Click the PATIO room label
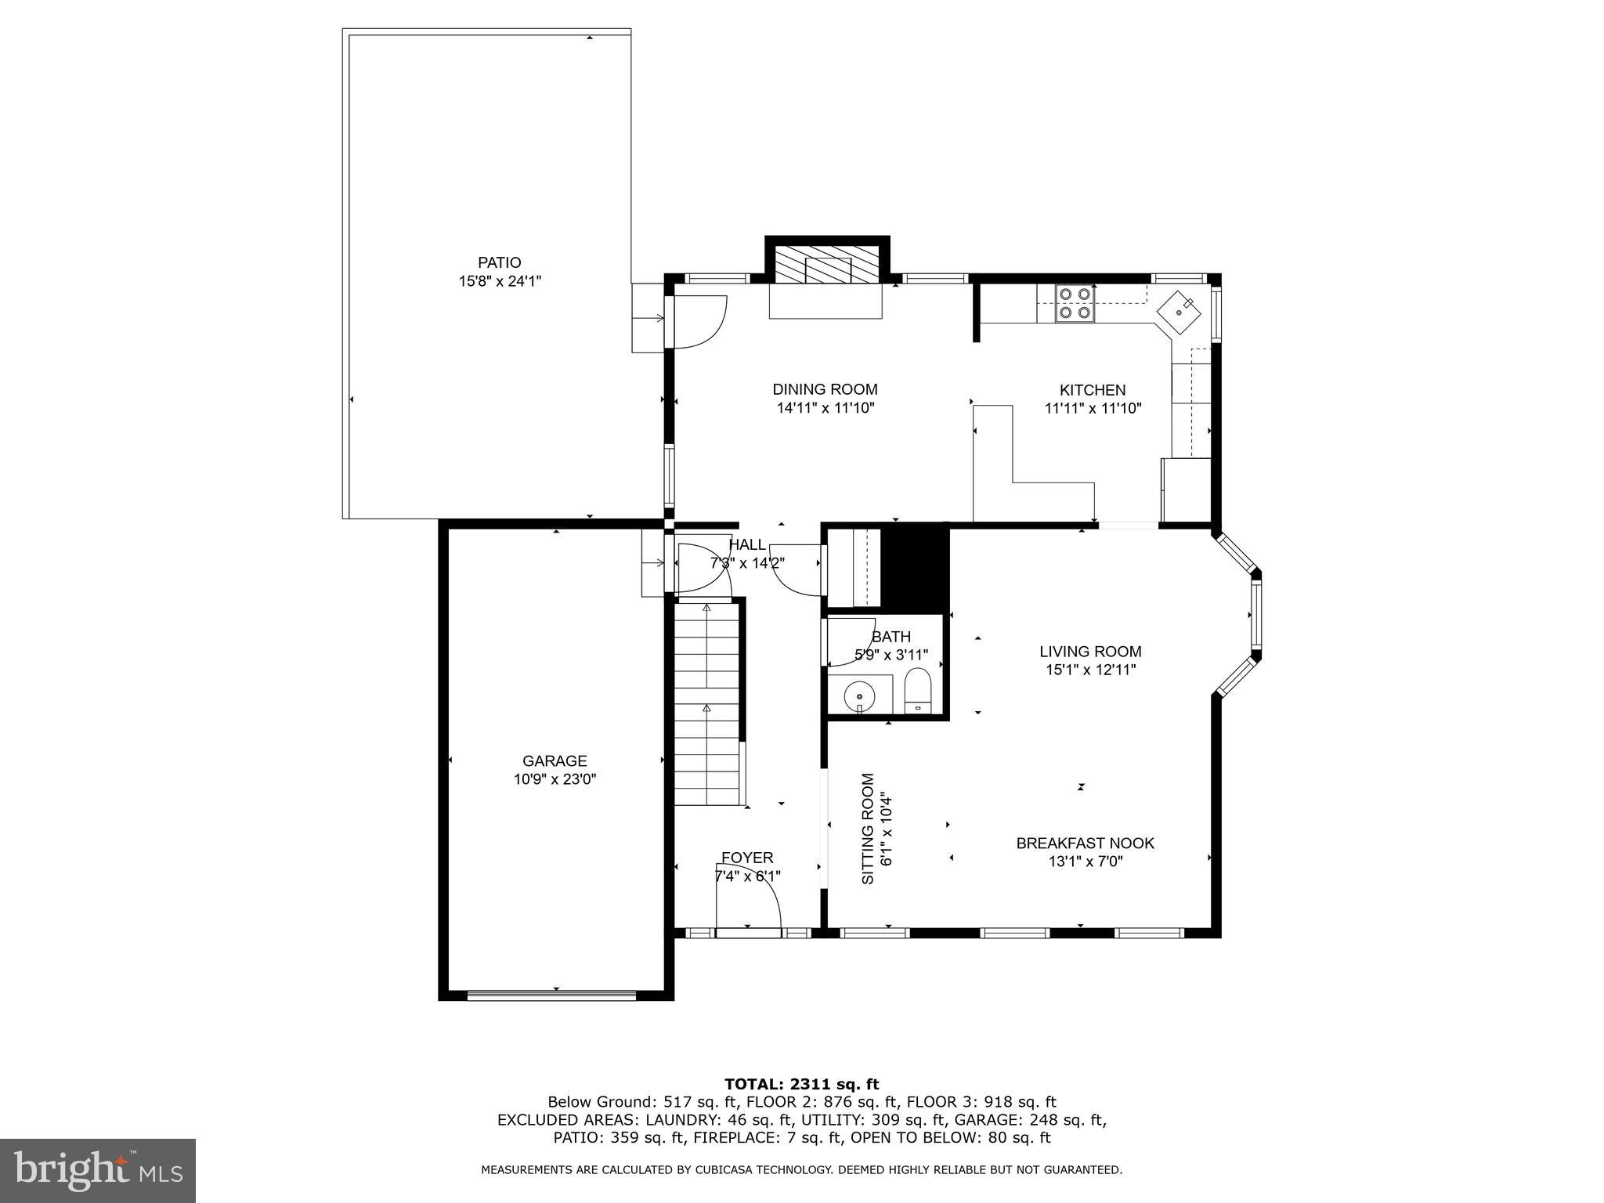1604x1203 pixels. [x=499, y=262]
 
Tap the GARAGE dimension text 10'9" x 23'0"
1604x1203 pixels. [x=555, y=779]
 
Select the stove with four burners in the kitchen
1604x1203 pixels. [x=1075, y=304]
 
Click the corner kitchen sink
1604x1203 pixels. [x=1179, y=312]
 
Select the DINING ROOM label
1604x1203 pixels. [x=825, y=389]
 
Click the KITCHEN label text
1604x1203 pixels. [x=1092, y=390]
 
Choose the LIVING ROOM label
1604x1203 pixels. [x=1089, y=651]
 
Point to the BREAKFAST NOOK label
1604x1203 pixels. [x=1085, y=843]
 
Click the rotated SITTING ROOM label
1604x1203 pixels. [x=868, y=829]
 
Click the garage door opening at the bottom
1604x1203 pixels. [x=551, y=995]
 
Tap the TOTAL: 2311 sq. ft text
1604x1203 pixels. [x=801, y=1084]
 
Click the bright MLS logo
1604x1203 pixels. [x=98, y=1170]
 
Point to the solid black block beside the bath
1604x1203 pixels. [x=916, y=568]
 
